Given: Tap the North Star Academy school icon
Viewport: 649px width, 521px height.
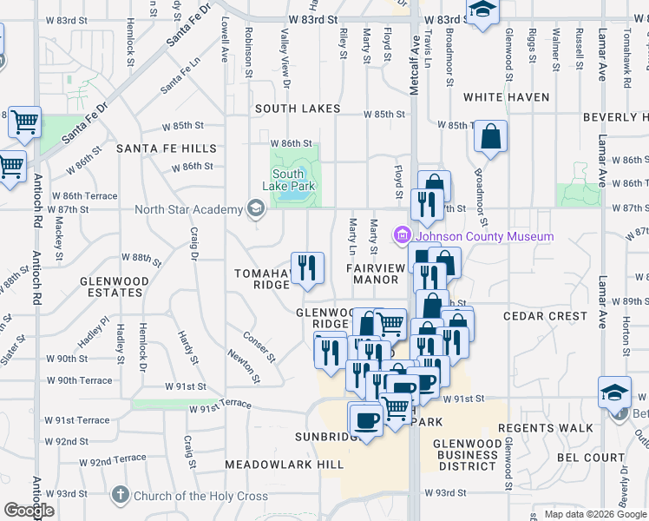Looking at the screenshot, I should tap(255, 208).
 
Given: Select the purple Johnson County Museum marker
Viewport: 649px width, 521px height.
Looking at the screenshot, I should tap(402, 235).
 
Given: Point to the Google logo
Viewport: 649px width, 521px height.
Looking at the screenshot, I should tap(29, 511).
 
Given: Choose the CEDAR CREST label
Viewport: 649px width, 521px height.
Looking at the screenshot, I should tap(544, 316).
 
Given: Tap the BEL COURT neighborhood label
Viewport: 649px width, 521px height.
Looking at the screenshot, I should tap(591, 457).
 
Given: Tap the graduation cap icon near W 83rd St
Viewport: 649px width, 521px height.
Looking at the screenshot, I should tap(482, 10).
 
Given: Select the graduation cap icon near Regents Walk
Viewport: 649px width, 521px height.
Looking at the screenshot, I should tap(614, 392).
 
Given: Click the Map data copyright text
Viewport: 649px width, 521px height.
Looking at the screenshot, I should tap(595, 514).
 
